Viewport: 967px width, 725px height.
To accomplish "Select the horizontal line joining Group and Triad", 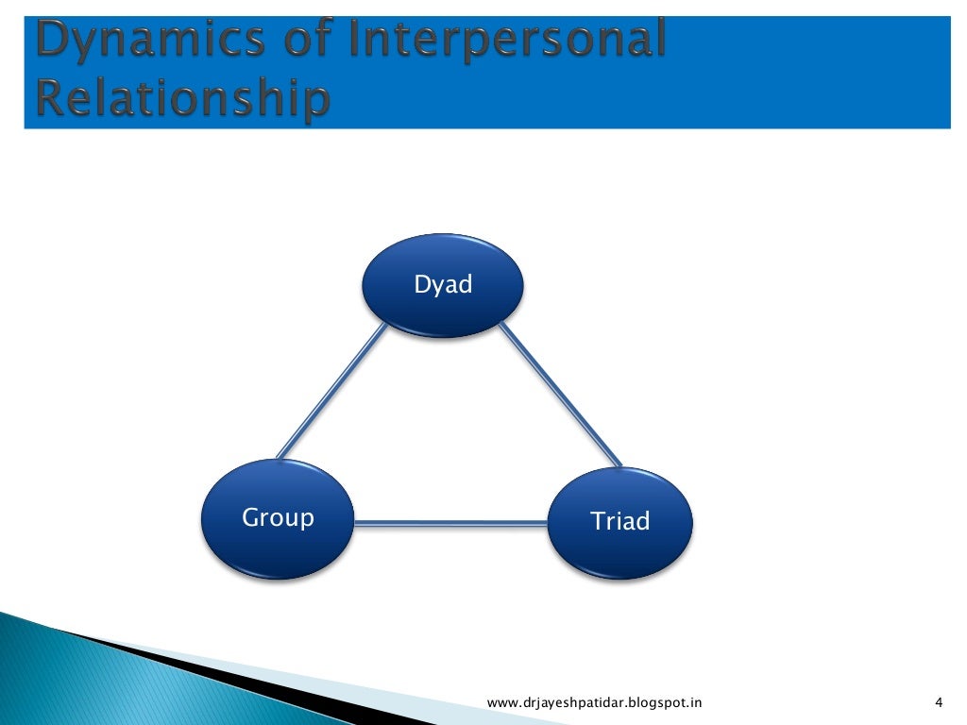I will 451,522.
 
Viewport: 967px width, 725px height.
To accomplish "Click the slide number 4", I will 938,701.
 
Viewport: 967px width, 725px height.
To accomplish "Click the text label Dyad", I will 443,284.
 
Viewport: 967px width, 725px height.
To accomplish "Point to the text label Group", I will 278,518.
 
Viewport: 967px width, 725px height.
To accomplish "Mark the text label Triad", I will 620,521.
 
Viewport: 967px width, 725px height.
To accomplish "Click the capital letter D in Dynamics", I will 55,42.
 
